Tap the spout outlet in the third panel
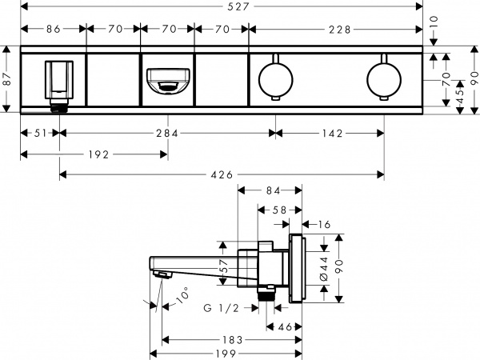click(x=166, y=81)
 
